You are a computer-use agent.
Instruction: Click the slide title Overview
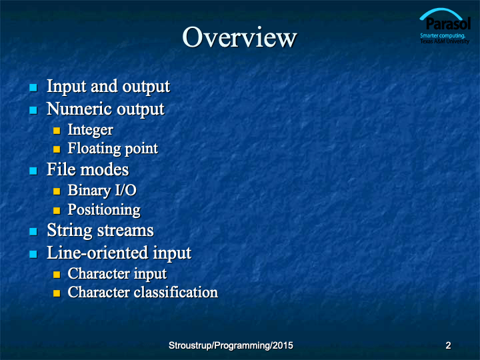239,37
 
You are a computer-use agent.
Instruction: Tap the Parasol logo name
448,24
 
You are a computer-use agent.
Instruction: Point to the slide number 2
448,345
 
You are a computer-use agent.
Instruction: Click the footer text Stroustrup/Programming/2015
231,345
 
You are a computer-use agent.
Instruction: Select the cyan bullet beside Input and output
33,88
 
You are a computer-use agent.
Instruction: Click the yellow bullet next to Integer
57,131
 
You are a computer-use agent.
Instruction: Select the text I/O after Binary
125,190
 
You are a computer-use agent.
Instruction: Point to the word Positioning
104,210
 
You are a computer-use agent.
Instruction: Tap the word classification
176,292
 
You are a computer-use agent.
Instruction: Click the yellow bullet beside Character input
57,274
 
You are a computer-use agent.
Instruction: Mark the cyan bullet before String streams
33,231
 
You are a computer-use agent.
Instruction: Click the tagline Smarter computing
443,35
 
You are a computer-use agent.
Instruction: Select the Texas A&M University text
445,41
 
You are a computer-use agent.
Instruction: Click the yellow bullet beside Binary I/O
57,191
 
